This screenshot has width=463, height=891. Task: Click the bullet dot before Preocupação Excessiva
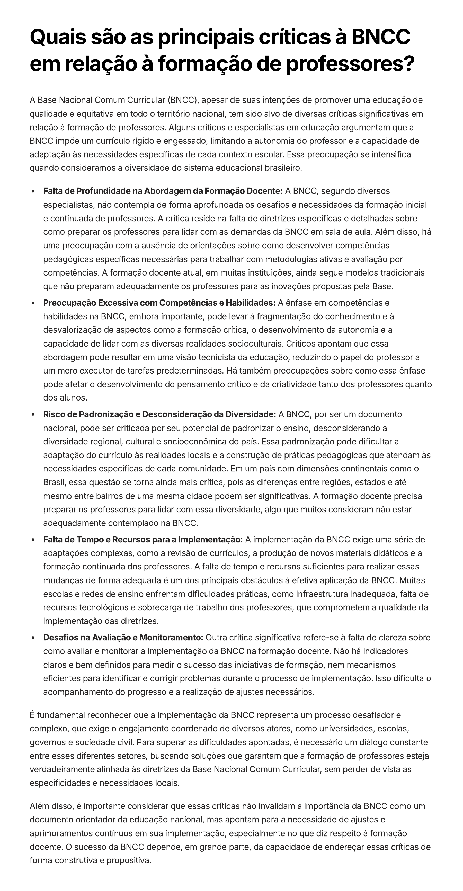pos(33,303)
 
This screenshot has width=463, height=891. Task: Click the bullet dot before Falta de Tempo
pos(33,540)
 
